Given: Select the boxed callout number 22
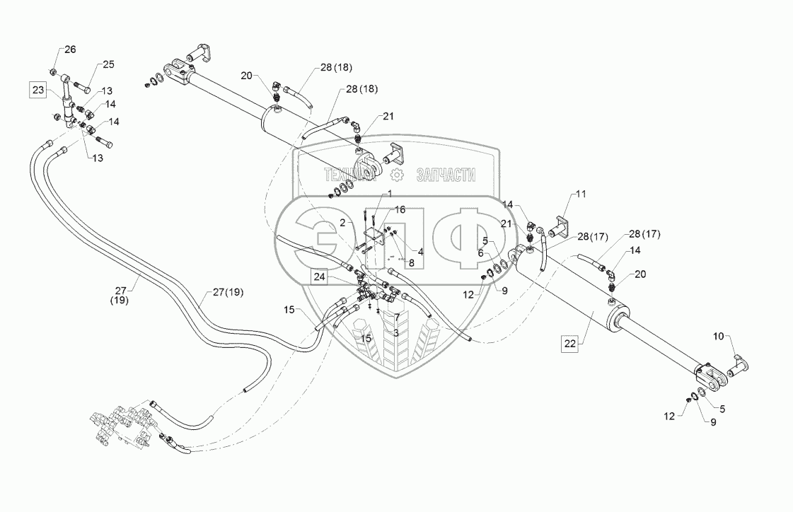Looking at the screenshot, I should click(x=571, y=344).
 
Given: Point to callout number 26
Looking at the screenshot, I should click(x=69, y=50).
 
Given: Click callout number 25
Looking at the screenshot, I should click(x=108, y=64).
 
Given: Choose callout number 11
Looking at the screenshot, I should click(x=581, y=193).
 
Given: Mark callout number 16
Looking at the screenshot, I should click(x=400, y=210).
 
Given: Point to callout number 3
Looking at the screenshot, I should click(x=396, y=332).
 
